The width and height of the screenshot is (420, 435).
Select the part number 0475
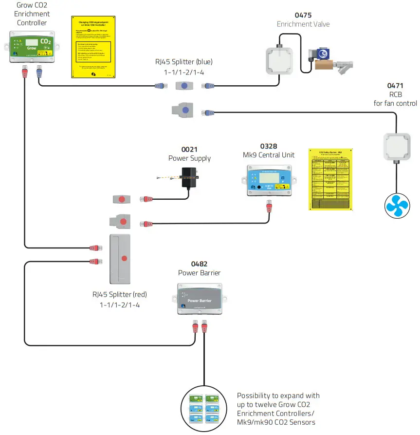coord(303,15)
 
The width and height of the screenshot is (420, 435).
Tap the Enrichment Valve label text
coord(303,24)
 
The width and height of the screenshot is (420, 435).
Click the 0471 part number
coord(395,85)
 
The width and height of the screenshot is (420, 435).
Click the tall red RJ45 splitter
coord(123,258)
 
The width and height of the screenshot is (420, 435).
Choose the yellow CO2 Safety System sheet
coord(330,179)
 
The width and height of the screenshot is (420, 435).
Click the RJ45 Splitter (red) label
coord(120,295)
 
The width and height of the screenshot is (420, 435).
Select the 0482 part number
coord(199,264)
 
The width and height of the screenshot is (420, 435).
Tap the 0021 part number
coord(189,149)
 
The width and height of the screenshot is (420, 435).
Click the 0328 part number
coord(268,146)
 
